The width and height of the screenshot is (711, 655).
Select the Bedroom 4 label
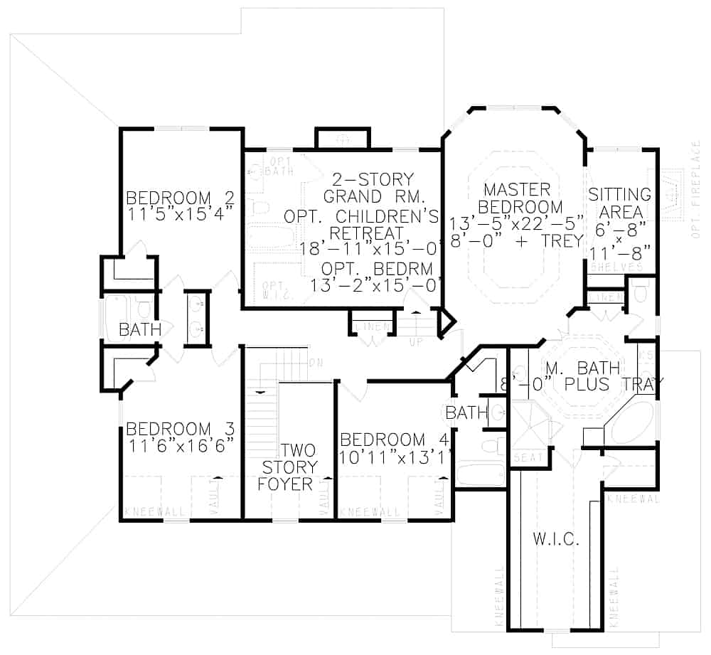pyautogui.click(x=394, y=440)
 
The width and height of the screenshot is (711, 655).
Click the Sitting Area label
pyautogui.click(x=620, y=203)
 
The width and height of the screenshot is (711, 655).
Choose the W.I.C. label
pyautogui.click(x=556, y=540)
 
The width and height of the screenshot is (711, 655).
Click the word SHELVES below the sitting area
pyautogui.click(x=616, y=267)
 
